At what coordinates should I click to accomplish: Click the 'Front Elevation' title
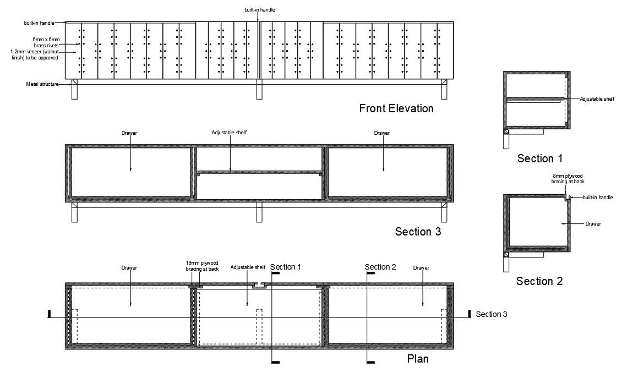tap(396, 108)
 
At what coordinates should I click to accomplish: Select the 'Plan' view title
tap(417, 358)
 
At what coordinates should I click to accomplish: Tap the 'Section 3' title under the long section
tap(418, 231)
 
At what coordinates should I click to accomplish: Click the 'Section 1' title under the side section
tap(540, 158)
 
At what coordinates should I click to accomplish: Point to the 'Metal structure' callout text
tap(42, 84)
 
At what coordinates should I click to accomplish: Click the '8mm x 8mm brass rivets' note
tap(46, 42)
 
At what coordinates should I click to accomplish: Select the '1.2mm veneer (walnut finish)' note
tap(34, 54)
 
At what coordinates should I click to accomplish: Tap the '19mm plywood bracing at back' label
tap(202, 266)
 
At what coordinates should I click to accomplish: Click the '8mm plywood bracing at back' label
tap(568, 179)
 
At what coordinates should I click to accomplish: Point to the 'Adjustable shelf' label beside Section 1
tap(597, 98)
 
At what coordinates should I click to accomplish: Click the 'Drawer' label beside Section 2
tap(593, 224)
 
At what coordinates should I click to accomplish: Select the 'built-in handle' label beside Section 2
tap(597, 198)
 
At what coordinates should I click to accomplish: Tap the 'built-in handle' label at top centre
tap(260, 9)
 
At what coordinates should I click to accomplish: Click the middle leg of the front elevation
tap(259, 89)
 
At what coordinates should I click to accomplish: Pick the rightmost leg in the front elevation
tap(444, 89)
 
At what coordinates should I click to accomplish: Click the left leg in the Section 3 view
tap(74, 212)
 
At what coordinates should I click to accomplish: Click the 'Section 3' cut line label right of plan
tap(492, 314)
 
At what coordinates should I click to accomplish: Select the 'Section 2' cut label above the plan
tap(380, 267)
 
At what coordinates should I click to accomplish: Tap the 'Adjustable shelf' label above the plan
tap(248, 267)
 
